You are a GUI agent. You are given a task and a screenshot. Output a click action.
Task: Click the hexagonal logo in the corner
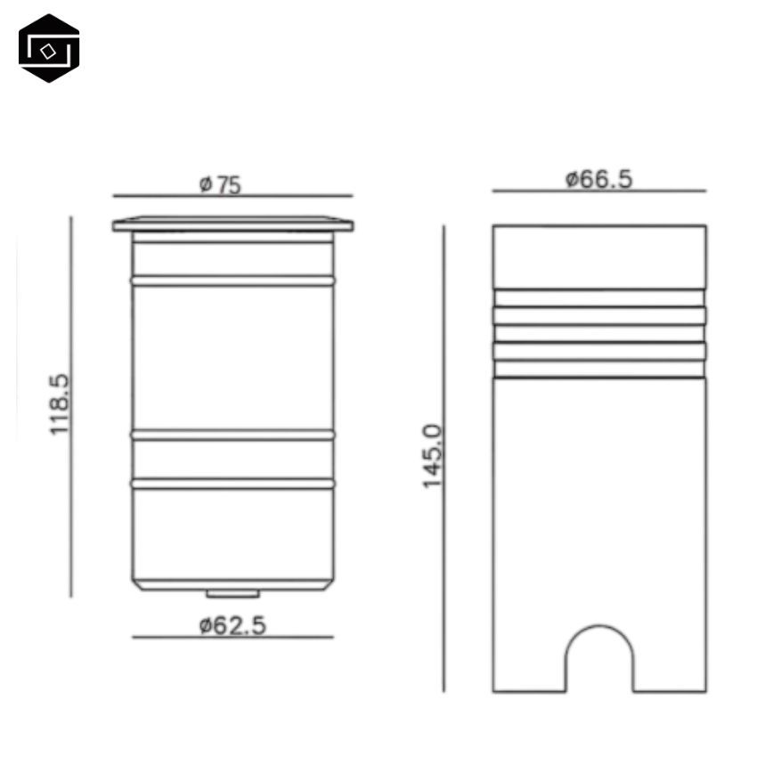(49, 48)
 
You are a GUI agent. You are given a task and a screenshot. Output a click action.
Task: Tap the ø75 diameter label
(220, 185)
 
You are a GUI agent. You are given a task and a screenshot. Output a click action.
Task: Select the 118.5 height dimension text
(60, 404)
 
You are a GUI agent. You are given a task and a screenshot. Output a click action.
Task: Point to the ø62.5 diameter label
(232, 625)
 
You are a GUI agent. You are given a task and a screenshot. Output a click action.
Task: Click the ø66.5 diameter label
(598, 179)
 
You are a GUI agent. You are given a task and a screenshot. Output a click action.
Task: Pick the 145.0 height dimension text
(433, 457)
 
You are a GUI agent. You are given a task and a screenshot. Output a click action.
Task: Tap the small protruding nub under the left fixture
(232, 594)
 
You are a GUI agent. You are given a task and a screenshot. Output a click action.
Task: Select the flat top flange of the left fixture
(232, 224)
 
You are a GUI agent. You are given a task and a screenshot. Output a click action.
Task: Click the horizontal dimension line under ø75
(232, 196)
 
